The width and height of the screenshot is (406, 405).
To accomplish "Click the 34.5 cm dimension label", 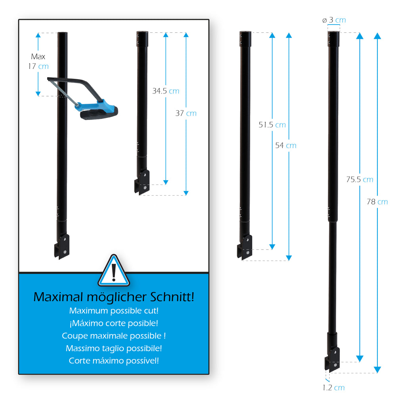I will (166, 91).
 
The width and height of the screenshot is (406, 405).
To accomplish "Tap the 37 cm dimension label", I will (186, 113).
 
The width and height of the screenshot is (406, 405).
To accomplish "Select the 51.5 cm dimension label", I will (272, 125).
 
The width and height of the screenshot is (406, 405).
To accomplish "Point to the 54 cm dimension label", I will (285, 145).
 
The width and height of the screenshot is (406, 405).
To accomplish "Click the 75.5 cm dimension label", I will (359, 179).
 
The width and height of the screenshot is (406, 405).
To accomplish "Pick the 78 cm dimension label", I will (377, 202).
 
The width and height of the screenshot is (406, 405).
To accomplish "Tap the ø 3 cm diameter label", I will (334, 20).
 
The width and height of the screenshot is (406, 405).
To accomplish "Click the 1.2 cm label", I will (333, 388).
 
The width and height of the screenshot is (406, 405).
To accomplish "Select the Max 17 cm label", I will (38, 61).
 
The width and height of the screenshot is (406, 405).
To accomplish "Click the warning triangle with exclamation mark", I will (114, 272).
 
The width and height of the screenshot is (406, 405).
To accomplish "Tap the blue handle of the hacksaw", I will (95, 105).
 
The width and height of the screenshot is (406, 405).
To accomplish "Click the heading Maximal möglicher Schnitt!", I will (114, 297).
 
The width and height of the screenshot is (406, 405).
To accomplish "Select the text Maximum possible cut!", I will (114, 310).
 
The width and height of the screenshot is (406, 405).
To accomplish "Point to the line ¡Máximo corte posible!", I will (114, 323).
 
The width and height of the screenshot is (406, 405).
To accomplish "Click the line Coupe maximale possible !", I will (114, 336).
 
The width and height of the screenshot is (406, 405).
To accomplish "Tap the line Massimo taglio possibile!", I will (114, 348).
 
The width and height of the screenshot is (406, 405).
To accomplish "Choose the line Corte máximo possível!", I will (114, 361).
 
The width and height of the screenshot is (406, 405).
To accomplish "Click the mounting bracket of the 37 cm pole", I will (142, 182).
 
